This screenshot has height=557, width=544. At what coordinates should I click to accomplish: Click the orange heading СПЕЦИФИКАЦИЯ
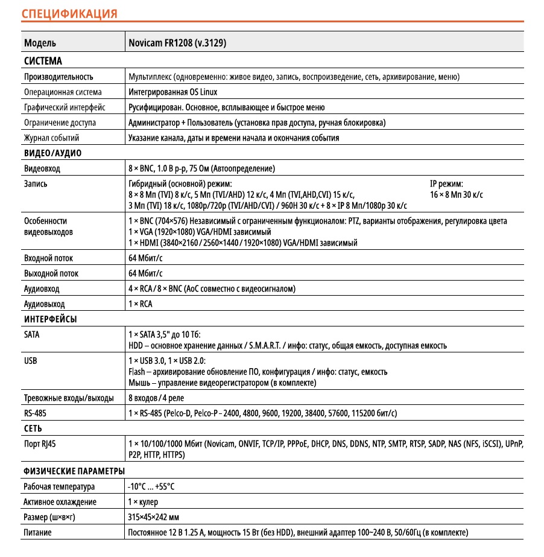pyautogui.click(x=69, y=13)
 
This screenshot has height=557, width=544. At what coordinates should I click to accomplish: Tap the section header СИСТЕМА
pyautogui.click(x=43, y=61)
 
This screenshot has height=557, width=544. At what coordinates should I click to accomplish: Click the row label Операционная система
pyautogui.click(x=63, y=92)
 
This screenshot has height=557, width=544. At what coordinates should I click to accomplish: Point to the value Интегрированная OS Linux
pyautogui.click(x=173, y=92)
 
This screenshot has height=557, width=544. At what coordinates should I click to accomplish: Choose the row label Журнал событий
pyautogui.click(x=51, y=138)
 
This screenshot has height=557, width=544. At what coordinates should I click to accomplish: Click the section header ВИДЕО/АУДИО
pyautogui.click(x=52, y=153)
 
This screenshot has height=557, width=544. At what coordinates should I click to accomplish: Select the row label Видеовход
pyautogui.click(x=42, y=169)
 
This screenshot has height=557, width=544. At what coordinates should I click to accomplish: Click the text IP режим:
pyautogui.click(x=446, y=184)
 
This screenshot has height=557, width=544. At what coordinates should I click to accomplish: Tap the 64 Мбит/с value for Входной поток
pyautogui.click(x=146, y=258)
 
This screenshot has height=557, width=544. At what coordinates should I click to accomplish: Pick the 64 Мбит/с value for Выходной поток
pyautogui.click(x=146, y=274)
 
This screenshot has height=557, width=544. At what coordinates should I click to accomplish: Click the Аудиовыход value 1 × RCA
pyautogui.click(x=141, y=304)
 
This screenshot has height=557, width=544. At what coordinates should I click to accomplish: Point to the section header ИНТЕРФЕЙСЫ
pyautogui.click(x=50, y=319)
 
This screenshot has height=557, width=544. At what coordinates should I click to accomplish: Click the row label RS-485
pyautogui.click(x=35, y=413)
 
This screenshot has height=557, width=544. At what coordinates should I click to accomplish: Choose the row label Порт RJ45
pyautogui.click(x=44, y=444)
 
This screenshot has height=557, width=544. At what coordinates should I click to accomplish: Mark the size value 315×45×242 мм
pyautogui.click(x=154, y=517)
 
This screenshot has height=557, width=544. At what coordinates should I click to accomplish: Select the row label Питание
pyautogui.click(x=37, y=533)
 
